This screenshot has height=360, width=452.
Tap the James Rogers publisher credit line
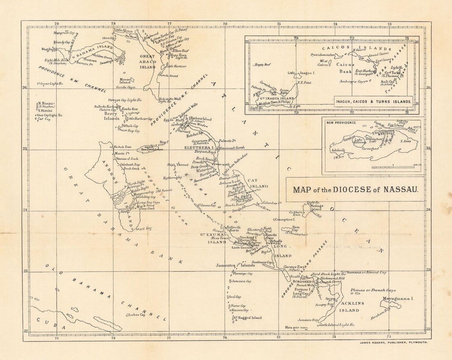coord(394,342)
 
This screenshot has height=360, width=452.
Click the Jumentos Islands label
coord(235,265)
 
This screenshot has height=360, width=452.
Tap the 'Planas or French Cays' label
coord(373,290)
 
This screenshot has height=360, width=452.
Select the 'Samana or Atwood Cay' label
coord(367,272)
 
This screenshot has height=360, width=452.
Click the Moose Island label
coord(125,81)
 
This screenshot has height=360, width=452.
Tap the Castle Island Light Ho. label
coord(337,325)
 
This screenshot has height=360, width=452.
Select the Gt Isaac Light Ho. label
coord(50,83)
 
